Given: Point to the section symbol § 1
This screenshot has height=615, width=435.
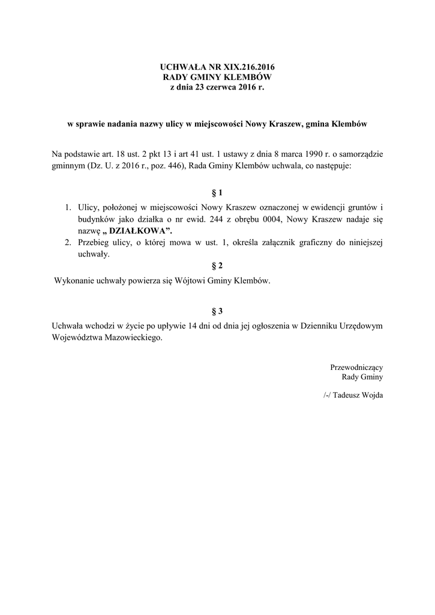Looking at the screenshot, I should coord(217,193).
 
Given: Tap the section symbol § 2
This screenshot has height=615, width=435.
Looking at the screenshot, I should coord(217,265).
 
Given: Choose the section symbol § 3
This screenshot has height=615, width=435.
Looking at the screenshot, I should coord(217,311).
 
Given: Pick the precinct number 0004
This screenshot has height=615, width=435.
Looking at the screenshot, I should coord(264,219).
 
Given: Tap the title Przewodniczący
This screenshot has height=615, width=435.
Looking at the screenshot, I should coord(356,366).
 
